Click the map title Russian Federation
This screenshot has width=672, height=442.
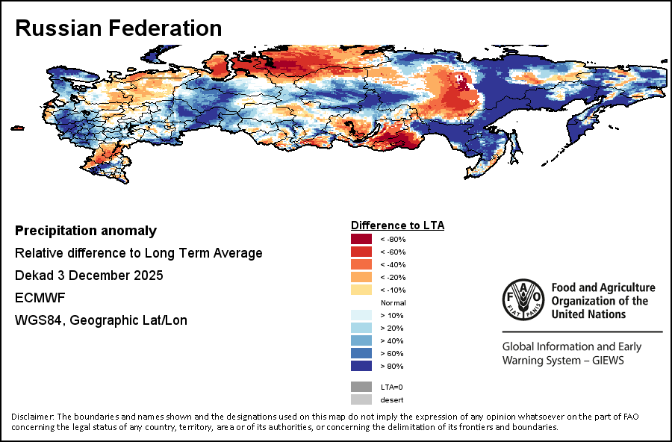coord(119,28)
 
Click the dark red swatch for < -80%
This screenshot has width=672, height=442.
coord(361,239)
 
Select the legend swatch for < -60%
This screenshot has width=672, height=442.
coord(361,252)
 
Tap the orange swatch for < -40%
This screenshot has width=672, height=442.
coord(361,264)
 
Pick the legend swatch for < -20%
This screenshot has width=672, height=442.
coord(361,277)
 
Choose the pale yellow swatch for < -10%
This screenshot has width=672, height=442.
coord(361,290)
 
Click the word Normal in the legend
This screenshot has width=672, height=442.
coord(393,302)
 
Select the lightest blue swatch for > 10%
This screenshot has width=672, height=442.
coord(361,315)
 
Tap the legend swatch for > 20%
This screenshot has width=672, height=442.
coord(361,328)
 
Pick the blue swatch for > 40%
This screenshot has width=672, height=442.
coord(361,340)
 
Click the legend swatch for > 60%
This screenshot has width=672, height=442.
coord(361,353)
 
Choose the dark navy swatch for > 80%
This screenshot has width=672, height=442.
coord(361,366)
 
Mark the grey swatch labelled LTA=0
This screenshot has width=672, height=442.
coord(361,387)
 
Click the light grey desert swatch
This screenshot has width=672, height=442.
coord(361,399)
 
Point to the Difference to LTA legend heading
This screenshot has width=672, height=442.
coord(398,225)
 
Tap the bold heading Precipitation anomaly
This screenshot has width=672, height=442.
coord(86,231)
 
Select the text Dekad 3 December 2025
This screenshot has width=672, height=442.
coord(89,276)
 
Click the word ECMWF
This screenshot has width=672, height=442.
coord(38,298)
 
